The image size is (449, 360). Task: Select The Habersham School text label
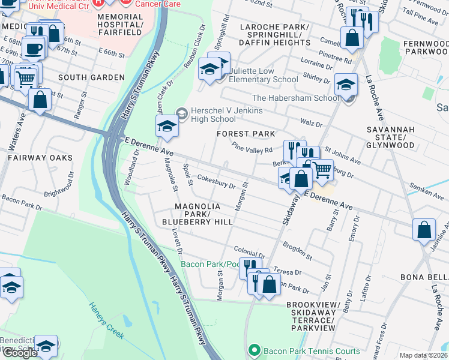tap(295, 98)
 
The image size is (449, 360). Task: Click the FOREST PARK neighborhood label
tap(246, 134)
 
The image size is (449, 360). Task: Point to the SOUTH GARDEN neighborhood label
tap(91, 77)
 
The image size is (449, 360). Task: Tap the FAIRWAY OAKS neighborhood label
tap(40, 158)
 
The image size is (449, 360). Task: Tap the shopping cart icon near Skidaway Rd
tap(322, 170)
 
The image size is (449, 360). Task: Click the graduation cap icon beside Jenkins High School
tap(167, 126)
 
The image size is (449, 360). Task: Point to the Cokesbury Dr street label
tap(217, 182)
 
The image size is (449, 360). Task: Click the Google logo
tap(20, 352)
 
